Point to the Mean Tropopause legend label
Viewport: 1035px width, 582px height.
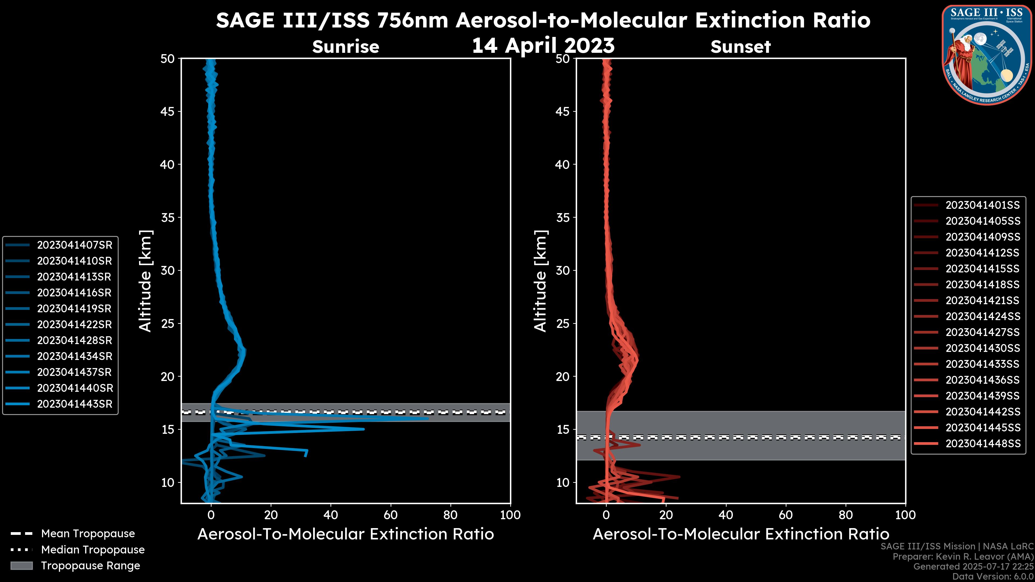click(88, 534)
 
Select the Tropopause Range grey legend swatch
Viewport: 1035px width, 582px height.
click(22, 566)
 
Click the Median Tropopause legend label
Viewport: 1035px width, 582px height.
click(93, 550)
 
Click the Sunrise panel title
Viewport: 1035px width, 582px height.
click(346, 47)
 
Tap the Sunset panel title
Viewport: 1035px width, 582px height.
click(740, 47)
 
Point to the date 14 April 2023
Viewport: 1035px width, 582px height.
click(543, 45)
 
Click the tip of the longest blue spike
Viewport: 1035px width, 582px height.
click(428, 418)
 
